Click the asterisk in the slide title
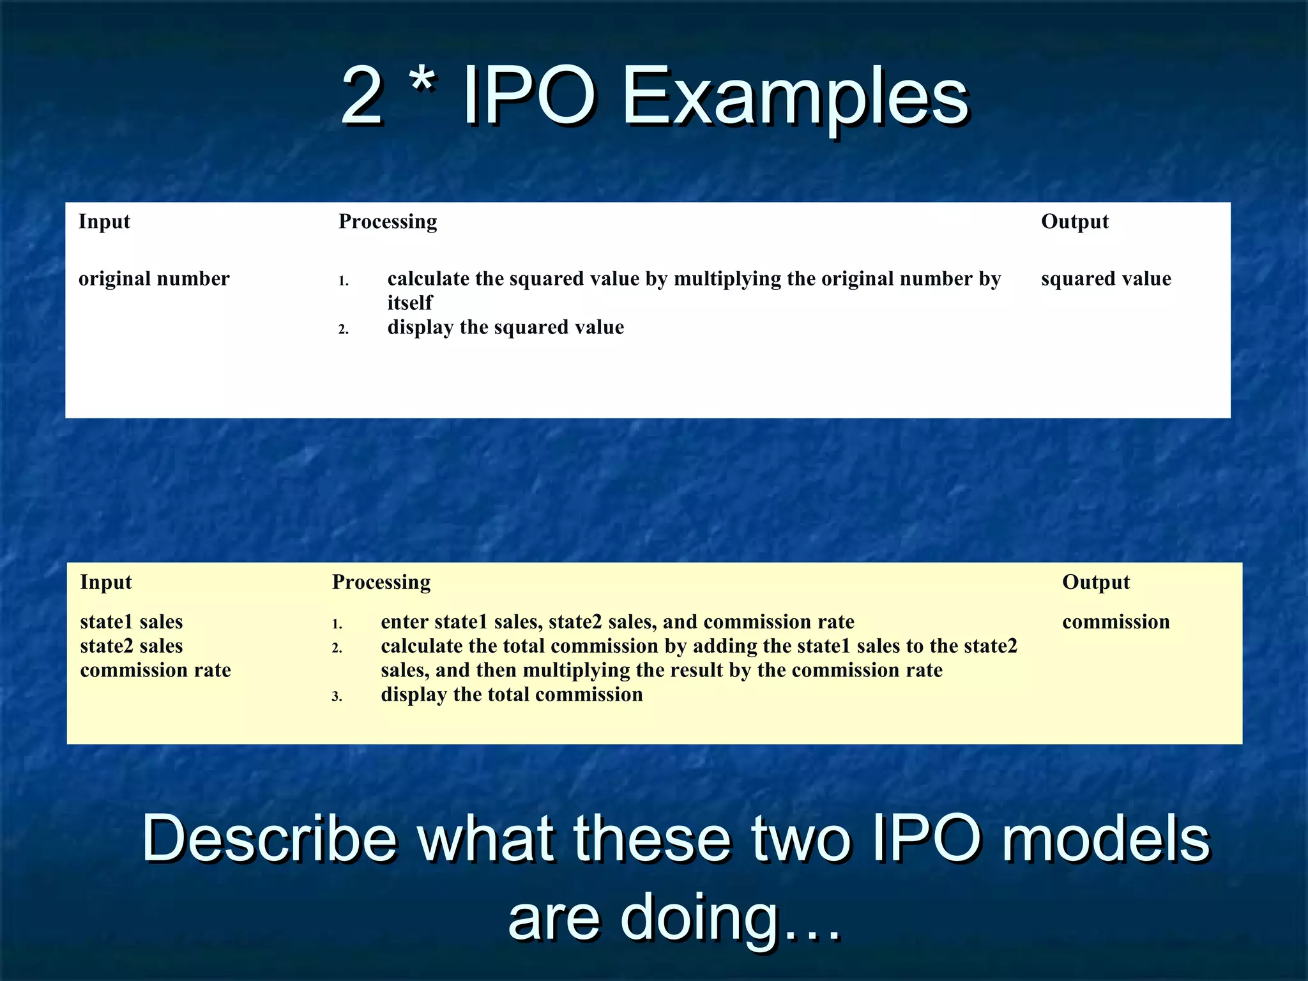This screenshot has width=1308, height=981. coord(422,82)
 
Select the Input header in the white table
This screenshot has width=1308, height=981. coord(104,222)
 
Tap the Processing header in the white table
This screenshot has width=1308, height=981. coord(388,222)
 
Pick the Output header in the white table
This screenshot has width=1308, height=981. coord(1075,222)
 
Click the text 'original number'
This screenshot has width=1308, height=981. coord(154,278)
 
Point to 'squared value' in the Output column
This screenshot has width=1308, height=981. coord(1106,278)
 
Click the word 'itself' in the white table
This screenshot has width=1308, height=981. coord(409,303)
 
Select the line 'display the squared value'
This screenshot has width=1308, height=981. coord(505,327)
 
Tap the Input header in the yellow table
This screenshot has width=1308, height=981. coord(106,582)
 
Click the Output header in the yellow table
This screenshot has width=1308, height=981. coord(1096,582)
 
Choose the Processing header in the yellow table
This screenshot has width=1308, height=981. coord(381,582)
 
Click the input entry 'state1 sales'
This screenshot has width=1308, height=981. coord(132,621)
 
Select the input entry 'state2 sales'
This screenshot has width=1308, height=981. coord(132,646)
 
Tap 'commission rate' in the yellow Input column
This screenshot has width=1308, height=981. coord(155,670)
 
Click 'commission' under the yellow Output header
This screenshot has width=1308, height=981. coord(1116,621)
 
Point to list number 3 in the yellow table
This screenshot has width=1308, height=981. coord(337,697)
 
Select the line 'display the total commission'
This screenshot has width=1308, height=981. coord(512,694)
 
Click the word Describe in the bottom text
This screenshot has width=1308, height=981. coord(269,839)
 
